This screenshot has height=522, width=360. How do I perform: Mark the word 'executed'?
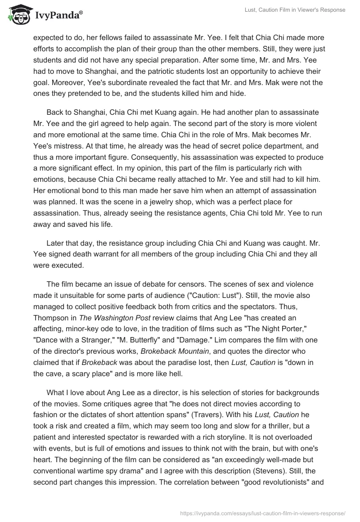tap(68, 265)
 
